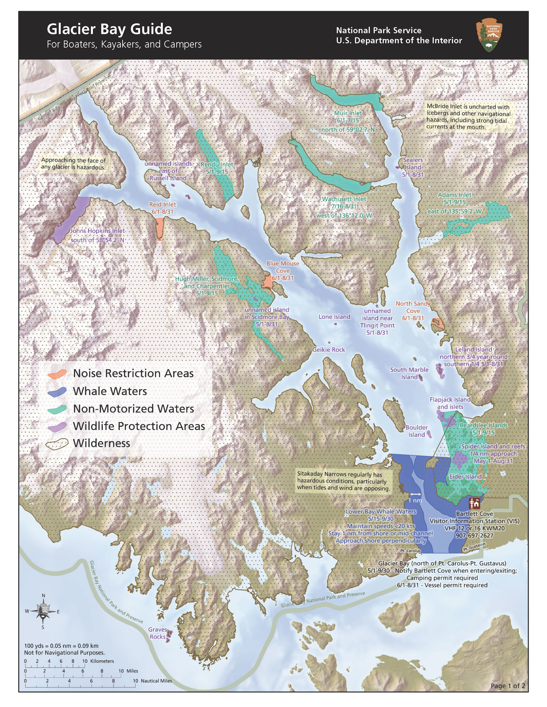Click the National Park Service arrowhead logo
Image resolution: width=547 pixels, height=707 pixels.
(x=490, y=35)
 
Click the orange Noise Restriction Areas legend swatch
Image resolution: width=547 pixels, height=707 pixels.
(x=57, y=374)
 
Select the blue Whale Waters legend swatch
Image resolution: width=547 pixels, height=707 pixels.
(x=57, y=391)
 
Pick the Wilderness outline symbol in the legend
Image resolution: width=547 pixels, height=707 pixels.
(x=57, y=443)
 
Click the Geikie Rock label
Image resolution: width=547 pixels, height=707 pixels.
(x=329, y=350)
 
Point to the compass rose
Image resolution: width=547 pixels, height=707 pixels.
(x=43, y=611)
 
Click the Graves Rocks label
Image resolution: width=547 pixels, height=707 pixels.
(x=157, y=633)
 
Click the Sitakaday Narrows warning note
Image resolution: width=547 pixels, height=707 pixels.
(x=343, y=481)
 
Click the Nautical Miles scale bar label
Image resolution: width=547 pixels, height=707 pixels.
(x=156, y=681)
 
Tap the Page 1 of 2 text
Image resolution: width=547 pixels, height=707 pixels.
(x=508, y=686)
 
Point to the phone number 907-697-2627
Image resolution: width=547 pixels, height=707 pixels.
(x=474, y=535)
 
